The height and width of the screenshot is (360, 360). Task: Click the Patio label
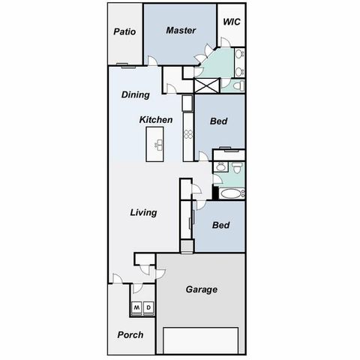(x=124, y=31)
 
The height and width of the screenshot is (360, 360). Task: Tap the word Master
(x=181, y=31)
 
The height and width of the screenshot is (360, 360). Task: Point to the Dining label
(x=136, y=95)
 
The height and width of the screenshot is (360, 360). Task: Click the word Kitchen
(x=156, y=120)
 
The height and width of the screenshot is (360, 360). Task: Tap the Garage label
(x=201, y=289)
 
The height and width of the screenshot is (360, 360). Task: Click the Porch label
(x=130, y=334)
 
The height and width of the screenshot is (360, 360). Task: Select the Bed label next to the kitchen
(x=219, y=121)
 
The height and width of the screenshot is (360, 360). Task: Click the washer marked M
(x=136, y=307)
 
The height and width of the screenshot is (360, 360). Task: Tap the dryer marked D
(x=148, y=307)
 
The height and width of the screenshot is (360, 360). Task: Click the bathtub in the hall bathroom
(x=229, y=193)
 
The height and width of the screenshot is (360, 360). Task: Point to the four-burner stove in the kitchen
(x=187, y=136)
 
